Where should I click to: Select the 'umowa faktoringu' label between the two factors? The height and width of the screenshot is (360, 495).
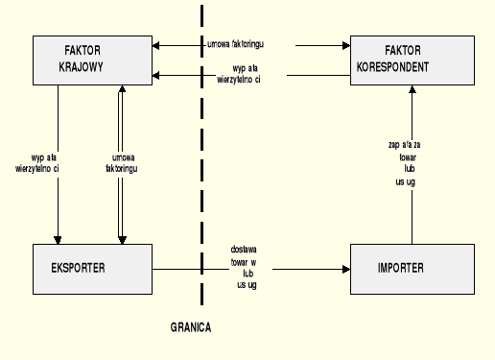[x=242, y=44]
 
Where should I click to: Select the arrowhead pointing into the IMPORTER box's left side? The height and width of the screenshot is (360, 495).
[x=345, y=269]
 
